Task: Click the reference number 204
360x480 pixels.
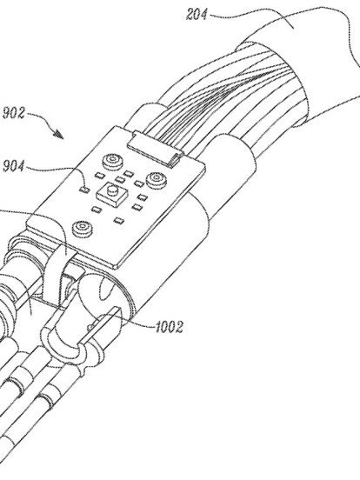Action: [x=197, y=15]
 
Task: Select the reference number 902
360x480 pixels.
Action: [x=13, y=113]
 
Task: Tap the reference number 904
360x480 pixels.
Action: [x=13, y=166]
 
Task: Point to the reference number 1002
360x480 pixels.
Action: [x=170, y=327]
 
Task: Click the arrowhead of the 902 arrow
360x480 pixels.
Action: [x=59, y=134]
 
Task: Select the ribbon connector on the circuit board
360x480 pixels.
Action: [x=155, y=149]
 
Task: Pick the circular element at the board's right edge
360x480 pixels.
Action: [x=157, y=179]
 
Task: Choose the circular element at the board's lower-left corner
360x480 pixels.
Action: [x=82, y=229]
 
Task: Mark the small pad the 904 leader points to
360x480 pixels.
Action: [x=84, y=190]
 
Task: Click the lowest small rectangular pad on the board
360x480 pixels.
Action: [x=118, y=220]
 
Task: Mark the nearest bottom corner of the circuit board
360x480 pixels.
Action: [x=116, y=266]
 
